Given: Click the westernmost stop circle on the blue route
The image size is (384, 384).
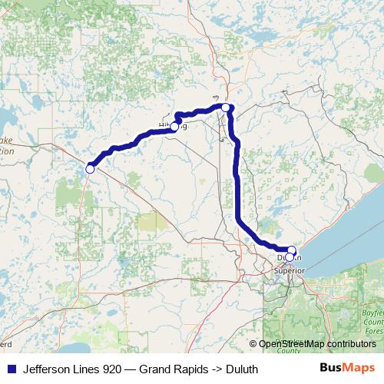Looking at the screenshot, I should [90, 169].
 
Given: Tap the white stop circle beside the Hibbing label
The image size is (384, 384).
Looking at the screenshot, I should [174, 127].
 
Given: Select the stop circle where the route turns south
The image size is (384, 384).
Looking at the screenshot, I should [226, 108].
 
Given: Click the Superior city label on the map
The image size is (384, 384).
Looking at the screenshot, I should [290, 270].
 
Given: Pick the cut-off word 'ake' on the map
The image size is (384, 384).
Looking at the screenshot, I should [6, 141].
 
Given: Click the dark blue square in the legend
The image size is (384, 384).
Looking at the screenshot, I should [12, 369].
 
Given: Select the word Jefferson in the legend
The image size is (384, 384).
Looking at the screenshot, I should [47, 369].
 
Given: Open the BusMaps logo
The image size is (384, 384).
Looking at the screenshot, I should [347, 368].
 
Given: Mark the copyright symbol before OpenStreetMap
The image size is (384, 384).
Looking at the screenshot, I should [253, 344].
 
